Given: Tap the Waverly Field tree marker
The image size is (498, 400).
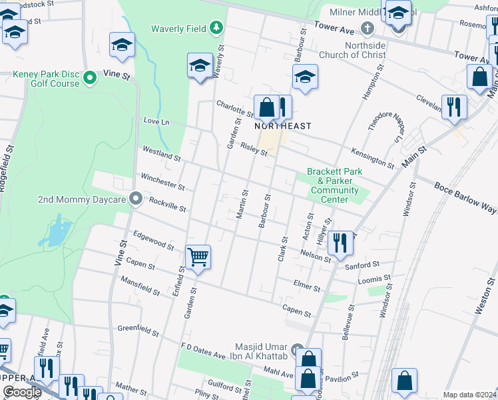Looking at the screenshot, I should tap(216, 28).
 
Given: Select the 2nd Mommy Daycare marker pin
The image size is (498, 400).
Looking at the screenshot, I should tap(136, 199).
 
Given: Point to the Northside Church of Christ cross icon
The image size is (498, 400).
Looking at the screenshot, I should tap(366, 28).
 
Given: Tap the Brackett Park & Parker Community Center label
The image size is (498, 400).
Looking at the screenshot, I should tap(334, 185).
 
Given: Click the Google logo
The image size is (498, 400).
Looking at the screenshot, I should tap(22, 392).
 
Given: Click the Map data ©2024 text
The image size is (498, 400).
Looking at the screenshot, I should tap(469, 395).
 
